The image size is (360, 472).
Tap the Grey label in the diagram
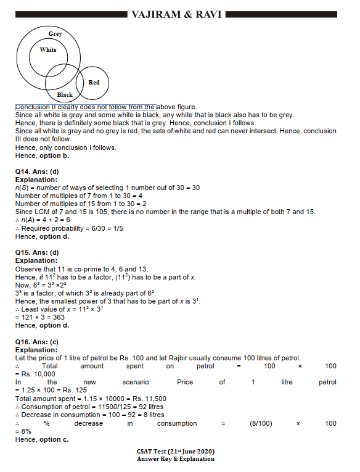pos(55,33)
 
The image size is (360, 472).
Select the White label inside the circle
pos(48,50)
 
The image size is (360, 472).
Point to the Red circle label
pos(94,82)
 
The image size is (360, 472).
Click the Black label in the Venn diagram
pos(65,95)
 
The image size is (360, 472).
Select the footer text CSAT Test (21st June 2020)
pos(176,452)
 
